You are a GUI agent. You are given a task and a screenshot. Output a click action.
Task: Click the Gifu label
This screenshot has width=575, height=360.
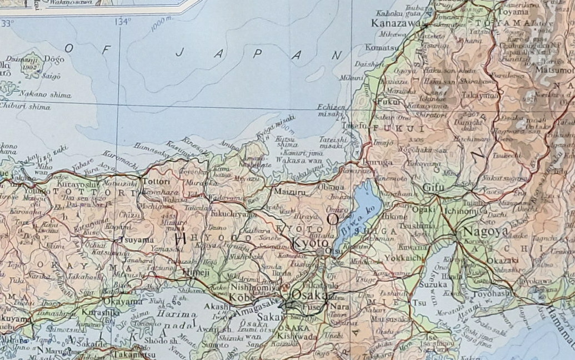tap(434, 188)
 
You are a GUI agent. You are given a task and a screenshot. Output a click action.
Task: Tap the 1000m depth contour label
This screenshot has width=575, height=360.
tap(162, 23)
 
